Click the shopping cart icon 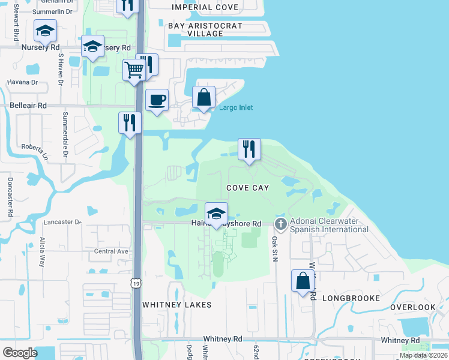pos(134,70)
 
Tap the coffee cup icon pos(157,99)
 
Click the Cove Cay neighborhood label pos(247,188)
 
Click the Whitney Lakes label pos(176,305)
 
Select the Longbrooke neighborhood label pos(351,298)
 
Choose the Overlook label pos(412,307)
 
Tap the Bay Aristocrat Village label pos(205,30)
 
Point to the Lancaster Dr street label pos(62,222)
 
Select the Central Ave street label pos(111,251)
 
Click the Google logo pos(20,353)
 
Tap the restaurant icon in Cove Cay pos(249,149)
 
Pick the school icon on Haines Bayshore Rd pos(216,214)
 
